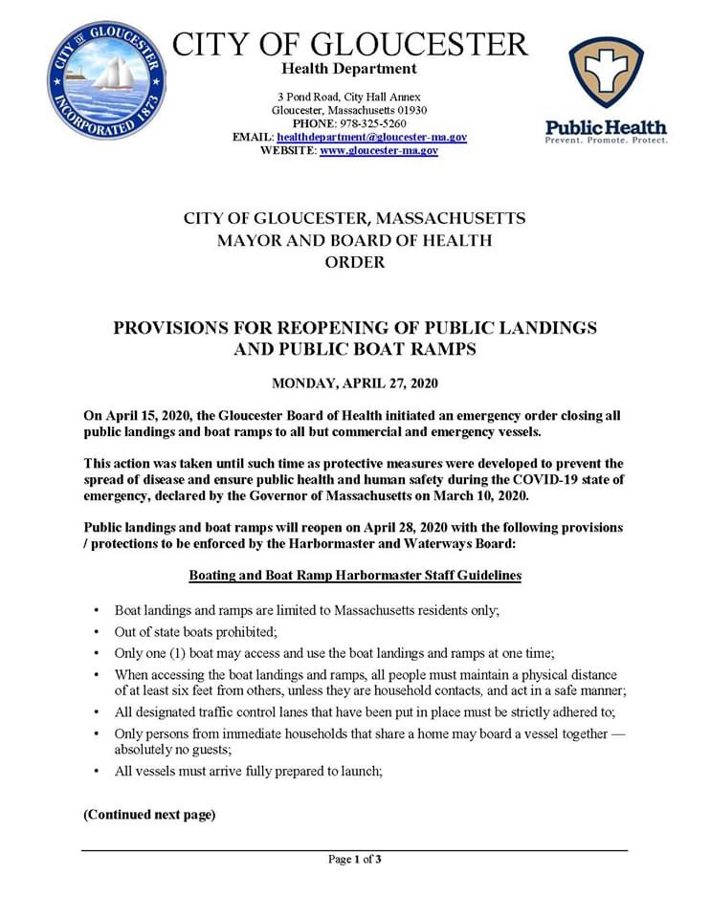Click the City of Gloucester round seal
(x=107, y=80)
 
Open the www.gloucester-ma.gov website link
(x=379, y=150)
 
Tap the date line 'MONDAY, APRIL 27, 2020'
(x=354, y=384)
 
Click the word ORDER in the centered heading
(x=354, y=262)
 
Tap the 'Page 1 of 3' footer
(x=354, y=859)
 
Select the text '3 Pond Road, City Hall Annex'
(x=348, y=97)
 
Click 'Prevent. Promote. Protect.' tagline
(x=606, y=141)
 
